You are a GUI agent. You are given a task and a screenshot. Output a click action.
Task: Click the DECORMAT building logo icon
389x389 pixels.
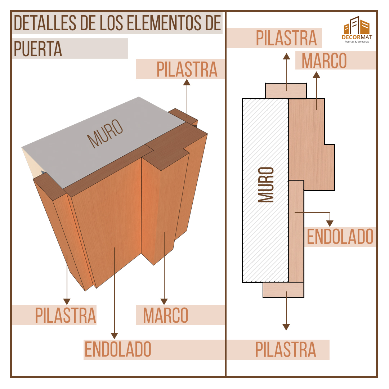[x=357, y=25]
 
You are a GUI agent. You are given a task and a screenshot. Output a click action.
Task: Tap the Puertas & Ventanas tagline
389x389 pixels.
[x=357, y=42]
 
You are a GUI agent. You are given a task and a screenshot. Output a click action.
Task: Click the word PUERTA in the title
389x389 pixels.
[x=38, y=49]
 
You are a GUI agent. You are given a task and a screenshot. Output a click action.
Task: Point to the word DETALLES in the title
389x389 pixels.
[x=45, y=23]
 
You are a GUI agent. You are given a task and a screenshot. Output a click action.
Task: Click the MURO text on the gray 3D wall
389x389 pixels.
[x=105, y=134]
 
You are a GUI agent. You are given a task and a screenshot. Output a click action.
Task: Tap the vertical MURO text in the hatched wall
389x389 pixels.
[x=266, y=185]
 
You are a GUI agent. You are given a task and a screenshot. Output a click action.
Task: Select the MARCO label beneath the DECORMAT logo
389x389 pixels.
[x=324, y=61]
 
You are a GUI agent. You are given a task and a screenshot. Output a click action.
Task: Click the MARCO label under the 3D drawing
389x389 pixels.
[x=166, y=315]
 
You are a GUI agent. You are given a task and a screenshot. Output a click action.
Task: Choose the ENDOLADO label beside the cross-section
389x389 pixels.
[x=340, y=237]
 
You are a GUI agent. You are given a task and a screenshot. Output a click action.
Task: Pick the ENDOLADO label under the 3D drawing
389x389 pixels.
[x=118, y=349]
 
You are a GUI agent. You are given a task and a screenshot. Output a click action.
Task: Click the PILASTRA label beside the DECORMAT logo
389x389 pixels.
[x=286, y=38]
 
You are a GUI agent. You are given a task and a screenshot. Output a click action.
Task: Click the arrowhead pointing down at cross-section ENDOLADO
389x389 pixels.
[x=330, y=224]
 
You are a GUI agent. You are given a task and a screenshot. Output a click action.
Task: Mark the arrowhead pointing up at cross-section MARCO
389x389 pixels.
[x=316, y=75]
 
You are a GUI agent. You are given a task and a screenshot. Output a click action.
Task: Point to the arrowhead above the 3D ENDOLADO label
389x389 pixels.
[x=115, y=336]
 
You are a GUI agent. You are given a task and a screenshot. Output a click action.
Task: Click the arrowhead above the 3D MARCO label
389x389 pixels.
[x=164, y=301]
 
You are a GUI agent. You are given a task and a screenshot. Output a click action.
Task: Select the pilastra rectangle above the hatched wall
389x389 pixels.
[x=286, y=91]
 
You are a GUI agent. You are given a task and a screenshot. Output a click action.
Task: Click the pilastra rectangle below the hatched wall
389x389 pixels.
[x=283, y=290]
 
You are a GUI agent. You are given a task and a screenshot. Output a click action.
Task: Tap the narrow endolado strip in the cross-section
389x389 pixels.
[x=296, y=231]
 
